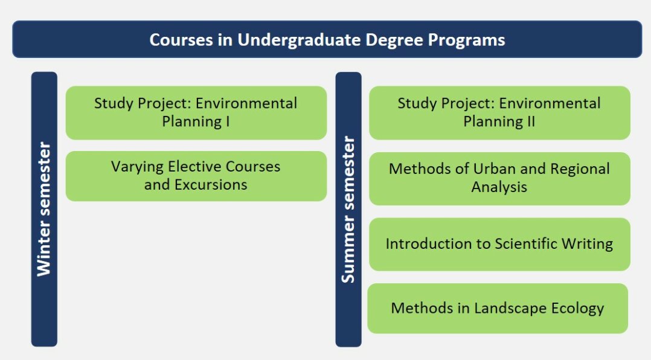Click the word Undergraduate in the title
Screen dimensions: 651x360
(299, 40)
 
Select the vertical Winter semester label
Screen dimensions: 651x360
(44, 209)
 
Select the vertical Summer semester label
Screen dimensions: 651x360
(348, 210)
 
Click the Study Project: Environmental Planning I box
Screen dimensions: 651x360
(196, 112)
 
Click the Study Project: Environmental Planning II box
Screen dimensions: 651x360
(499, 112)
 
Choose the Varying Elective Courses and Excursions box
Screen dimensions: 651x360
(196, 176)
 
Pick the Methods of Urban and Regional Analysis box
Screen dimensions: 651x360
(499, 179)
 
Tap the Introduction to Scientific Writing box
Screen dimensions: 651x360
(499, 244)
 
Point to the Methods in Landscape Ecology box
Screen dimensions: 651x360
(498, 308)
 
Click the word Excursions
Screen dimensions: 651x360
(211, 184)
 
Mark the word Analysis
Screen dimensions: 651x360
(499, 187)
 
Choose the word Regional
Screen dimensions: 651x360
(580, 169)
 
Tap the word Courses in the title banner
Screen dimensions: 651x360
(181, 40)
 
